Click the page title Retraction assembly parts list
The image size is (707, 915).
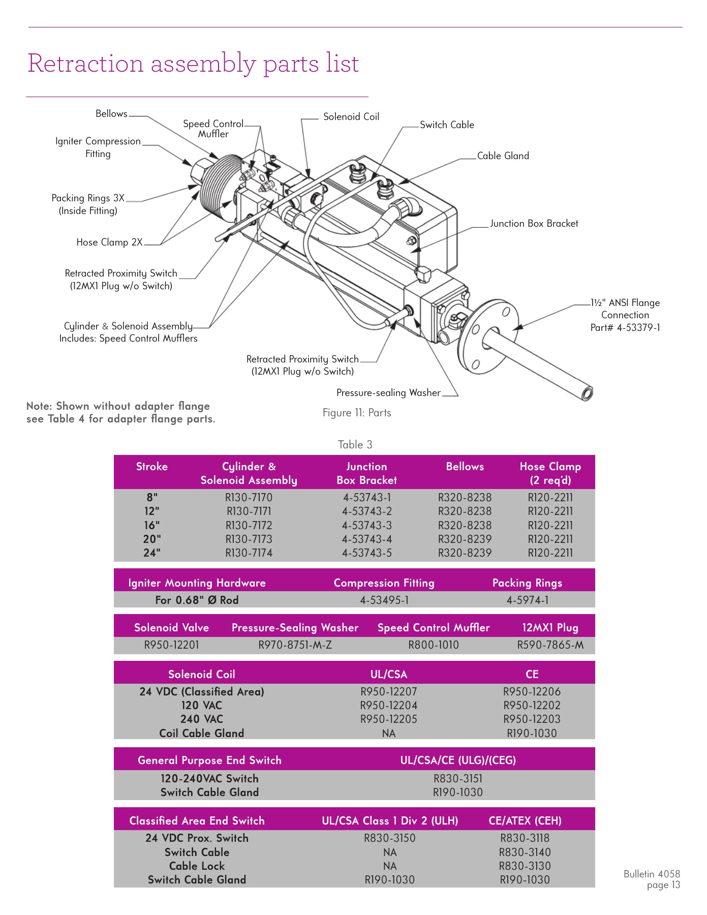[x=193, y=64]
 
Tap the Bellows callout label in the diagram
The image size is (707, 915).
[x=111, y=114]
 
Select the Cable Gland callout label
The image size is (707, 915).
[x=503, y=156]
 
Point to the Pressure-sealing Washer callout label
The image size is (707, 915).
[x=388, y=393]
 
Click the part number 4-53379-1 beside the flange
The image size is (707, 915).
[x=638, y=328]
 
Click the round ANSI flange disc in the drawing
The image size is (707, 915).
[x=488, y=335]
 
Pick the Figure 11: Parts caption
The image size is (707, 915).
[x=357, y=413]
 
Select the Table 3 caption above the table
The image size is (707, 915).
[x=355, y=445]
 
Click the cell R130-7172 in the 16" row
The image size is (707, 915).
[x=249, y=526]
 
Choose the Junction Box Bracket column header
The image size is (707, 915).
[x=366, y=473]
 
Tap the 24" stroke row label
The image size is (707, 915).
[x=151, y=553]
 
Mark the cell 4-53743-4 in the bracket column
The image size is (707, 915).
[x=366, y=539]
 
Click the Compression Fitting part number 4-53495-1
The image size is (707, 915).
[x=384, y=600]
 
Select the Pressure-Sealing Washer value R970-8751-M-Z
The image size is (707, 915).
[x=295, y=645]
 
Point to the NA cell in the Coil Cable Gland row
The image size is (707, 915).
[x=388, y=734]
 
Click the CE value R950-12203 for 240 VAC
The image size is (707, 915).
[x=532, y=719]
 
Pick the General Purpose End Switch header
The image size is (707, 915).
[x=209, y=760]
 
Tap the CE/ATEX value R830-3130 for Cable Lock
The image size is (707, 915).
[x=525, y=866]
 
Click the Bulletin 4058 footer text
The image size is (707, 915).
[x=651, y=874]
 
